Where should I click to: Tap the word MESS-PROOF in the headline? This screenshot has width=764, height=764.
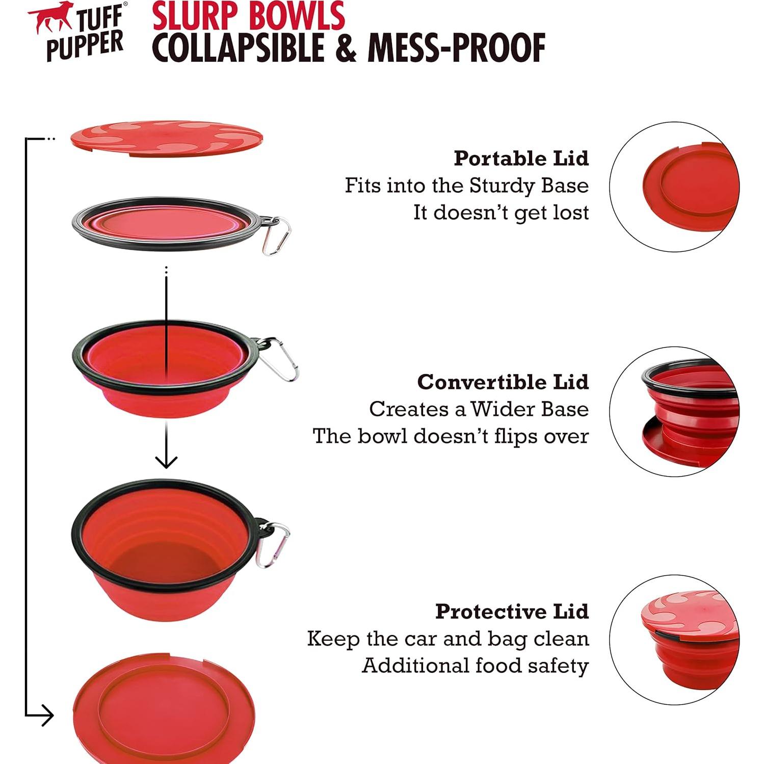[457, 48]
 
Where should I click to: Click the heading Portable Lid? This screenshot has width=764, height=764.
[521, 159]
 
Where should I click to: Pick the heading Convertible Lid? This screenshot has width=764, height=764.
[503, 382]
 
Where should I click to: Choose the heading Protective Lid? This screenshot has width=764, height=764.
[512, 611]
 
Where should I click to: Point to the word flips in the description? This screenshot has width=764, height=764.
[516, 436]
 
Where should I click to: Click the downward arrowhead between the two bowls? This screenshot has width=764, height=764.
[166, 461]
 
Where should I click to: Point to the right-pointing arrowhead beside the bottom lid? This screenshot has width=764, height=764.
[47, 715]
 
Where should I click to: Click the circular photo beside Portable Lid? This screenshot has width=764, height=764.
[674, 187]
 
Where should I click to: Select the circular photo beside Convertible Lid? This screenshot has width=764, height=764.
[674, 412]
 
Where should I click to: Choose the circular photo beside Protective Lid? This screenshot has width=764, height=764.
[674, 640]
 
